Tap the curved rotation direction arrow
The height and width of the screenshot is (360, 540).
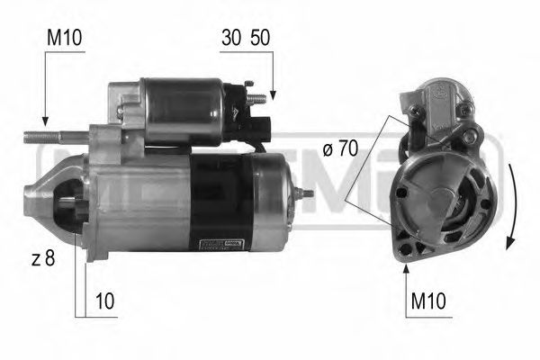click(509, 207)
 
